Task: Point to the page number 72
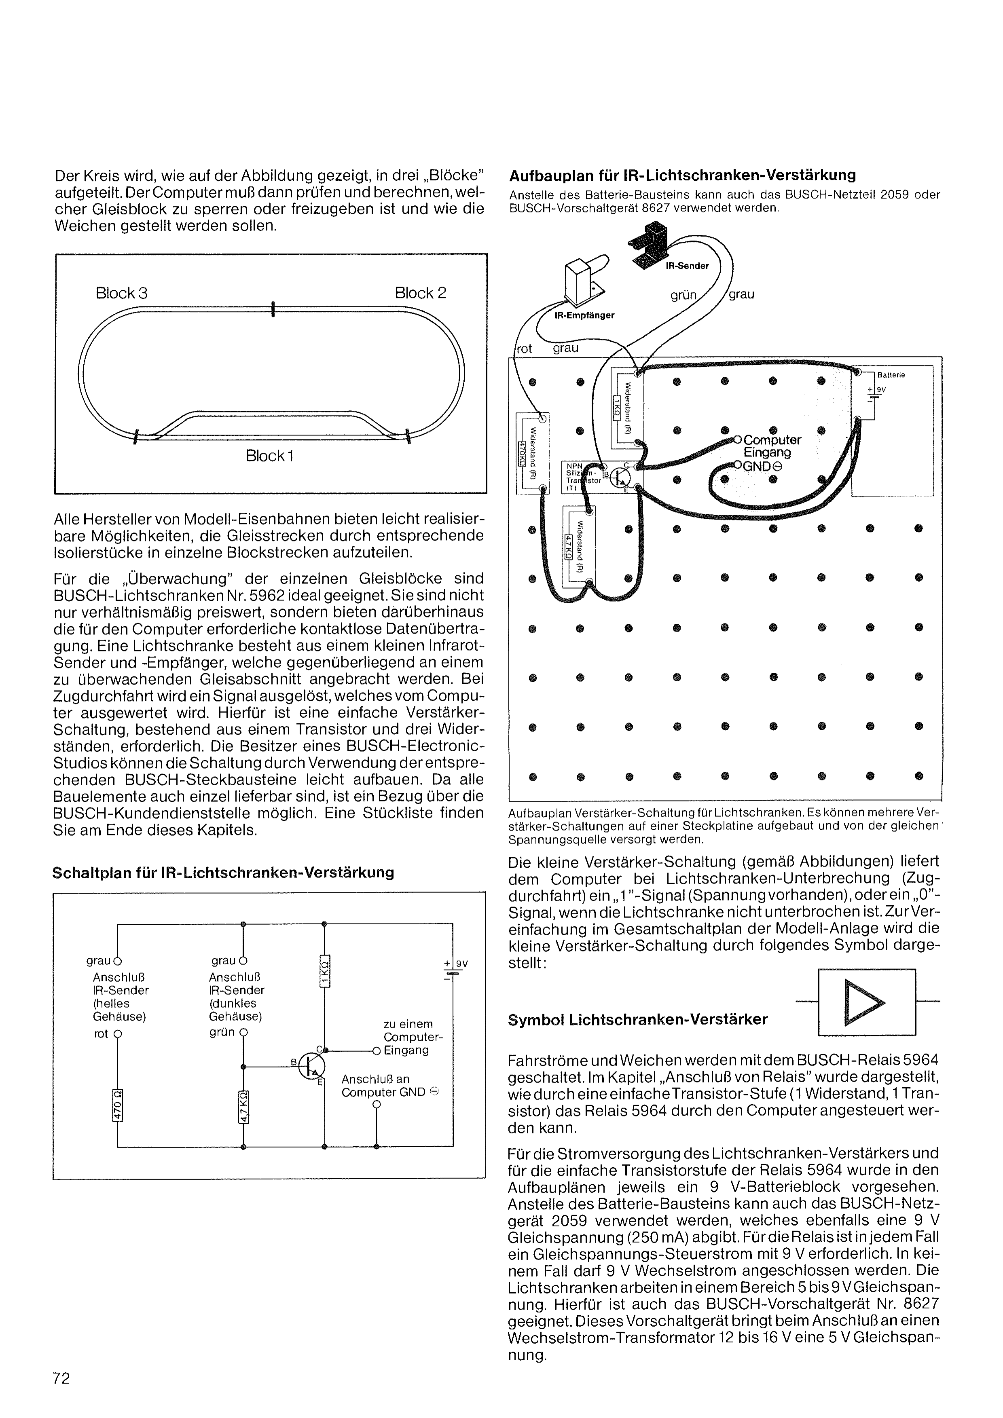coord(62,1378)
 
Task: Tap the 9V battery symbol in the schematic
coord(453,972)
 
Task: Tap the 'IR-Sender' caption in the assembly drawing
coord(688,266)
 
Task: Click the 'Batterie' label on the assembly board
coord(891,374)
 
